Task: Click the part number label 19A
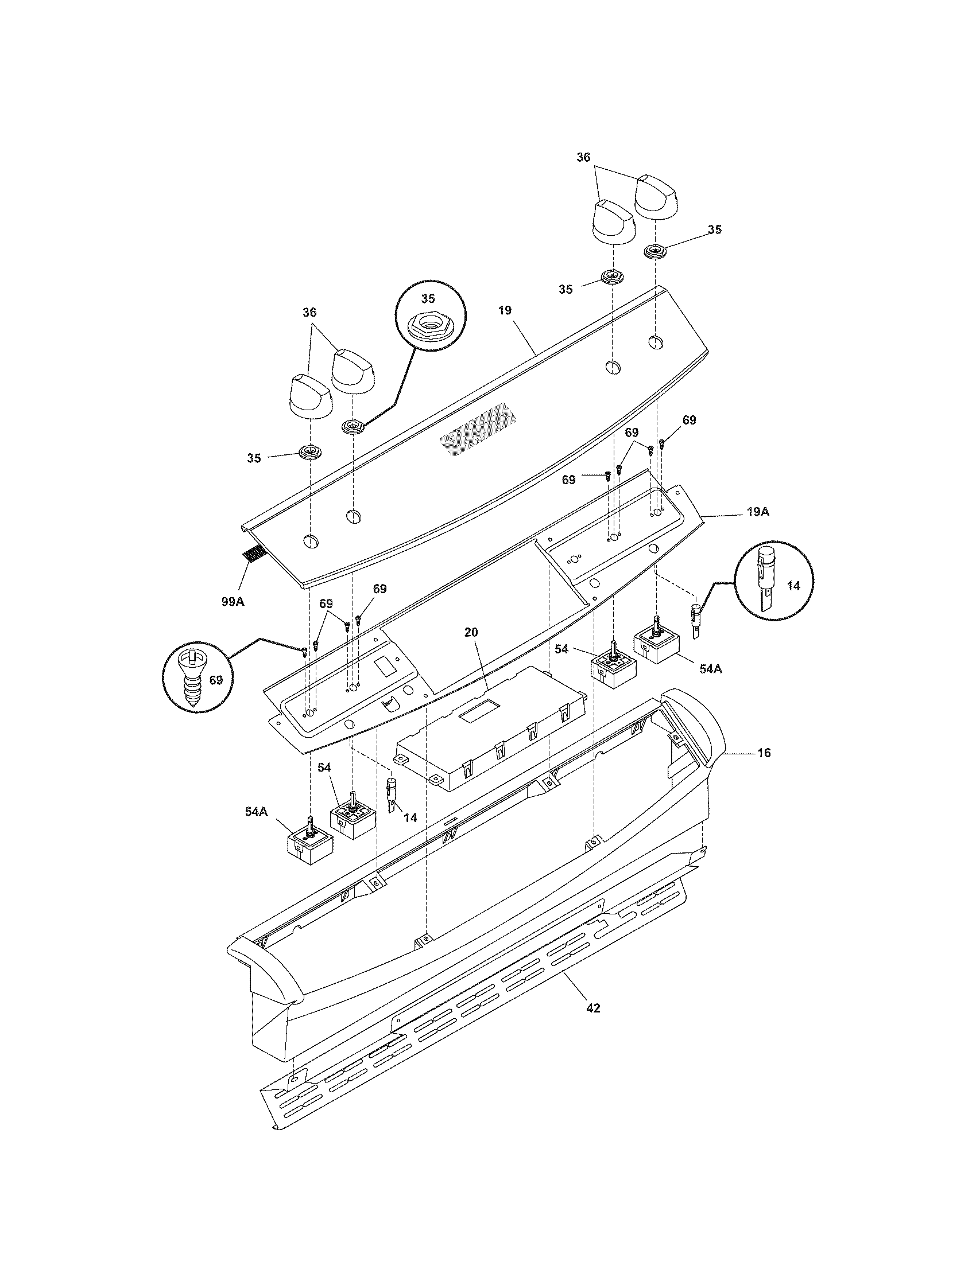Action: (757, 512)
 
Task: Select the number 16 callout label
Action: (764, 753)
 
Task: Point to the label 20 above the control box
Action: (471, 632)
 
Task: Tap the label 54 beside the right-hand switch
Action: (561, 649)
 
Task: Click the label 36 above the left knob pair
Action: (309, 313)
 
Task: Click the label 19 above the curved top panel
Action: (505, 311)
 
